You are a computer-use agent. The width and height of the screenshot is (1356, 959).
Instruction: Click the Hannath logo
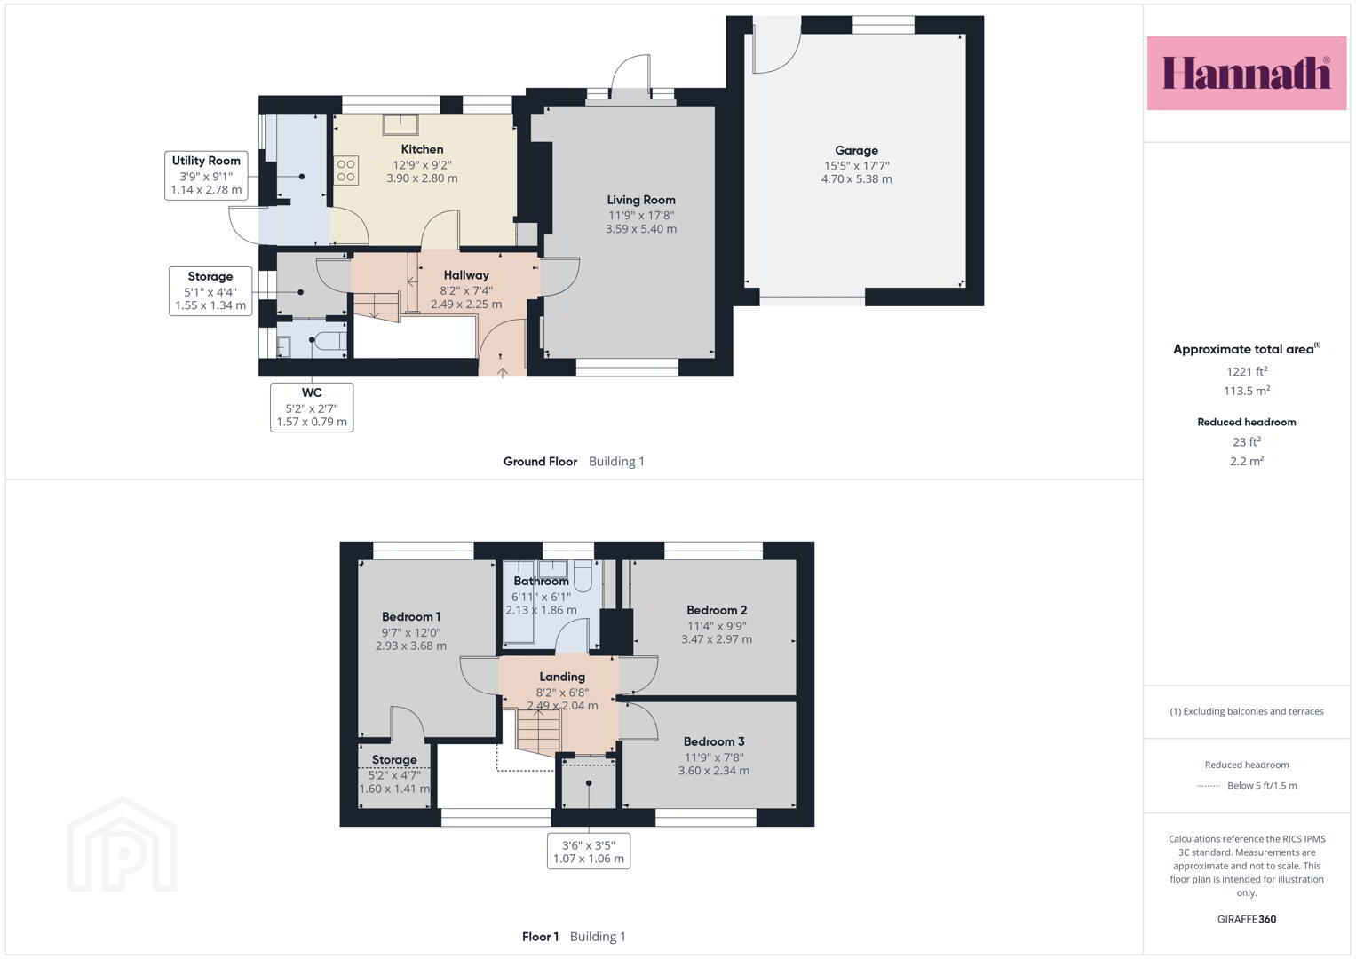click(1247, 73)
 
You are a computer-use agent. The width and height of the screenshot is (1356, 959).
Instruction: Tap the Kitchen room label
click(422, 149)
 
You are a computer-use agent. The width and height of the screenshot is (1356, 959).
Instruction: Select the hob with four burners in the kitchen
click(345, 170)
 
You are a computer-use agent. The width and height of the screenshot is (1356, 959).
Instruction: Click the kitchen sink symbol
click(400, 124)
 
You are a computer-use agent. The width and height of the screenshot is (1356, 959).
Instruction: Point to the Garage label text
click(856, 150)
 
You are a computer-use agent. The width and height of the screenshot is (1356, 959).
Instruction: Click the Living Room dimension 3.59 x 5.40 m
click(641, 229)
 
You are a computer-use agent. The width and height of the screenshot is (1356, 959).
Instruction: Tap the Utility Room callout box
click(206, 175)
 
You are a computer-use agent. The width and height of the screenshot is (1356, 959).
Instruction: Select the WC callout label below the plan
click(312, 407)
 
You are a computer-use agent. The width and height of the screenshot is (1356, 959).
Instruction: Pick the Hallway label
click(466, 275)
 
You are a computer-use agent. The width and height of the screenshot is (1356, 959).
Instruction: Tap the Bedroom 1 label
click(411, 616)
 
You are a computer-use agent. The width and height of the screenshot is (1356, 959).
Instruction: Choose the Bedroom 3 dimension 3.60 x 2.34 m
click(714, 771)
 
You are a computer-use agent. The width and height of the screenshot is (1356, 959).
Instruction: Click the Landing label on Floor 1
click(562, 677)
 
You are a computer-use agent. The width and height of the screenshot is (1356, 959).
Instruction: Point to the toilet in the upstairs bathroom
click(583, 576)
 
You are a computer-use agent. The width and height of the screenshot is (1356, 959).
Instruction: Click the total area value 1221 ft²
click(1247, 371)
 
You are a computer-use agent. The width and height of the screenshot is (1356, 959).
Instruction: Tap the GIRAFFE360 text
click(1247, 919)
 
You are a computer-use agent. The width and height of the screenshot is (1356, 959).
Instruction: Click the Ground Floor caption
click(540, 462)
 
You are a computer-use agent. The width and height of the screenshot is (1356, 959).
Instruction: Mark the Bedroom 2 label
click(717, 610)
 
